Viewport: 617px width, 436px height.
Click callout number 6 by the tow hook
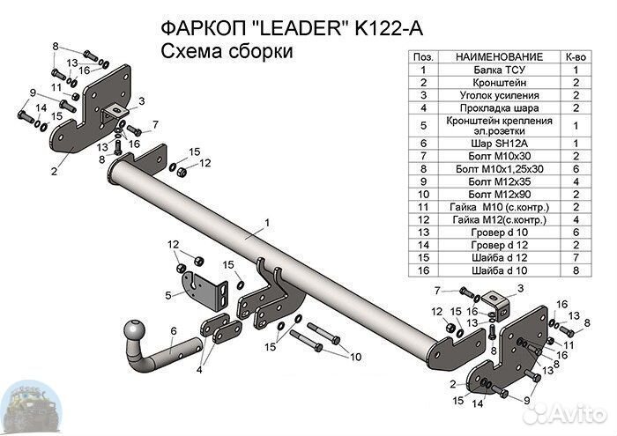tap(174, 330)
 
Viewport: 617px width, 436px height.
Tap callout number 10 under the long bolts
tap(355, 357)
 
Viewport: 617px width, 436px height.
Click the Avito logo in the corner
tap(574, 414)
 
